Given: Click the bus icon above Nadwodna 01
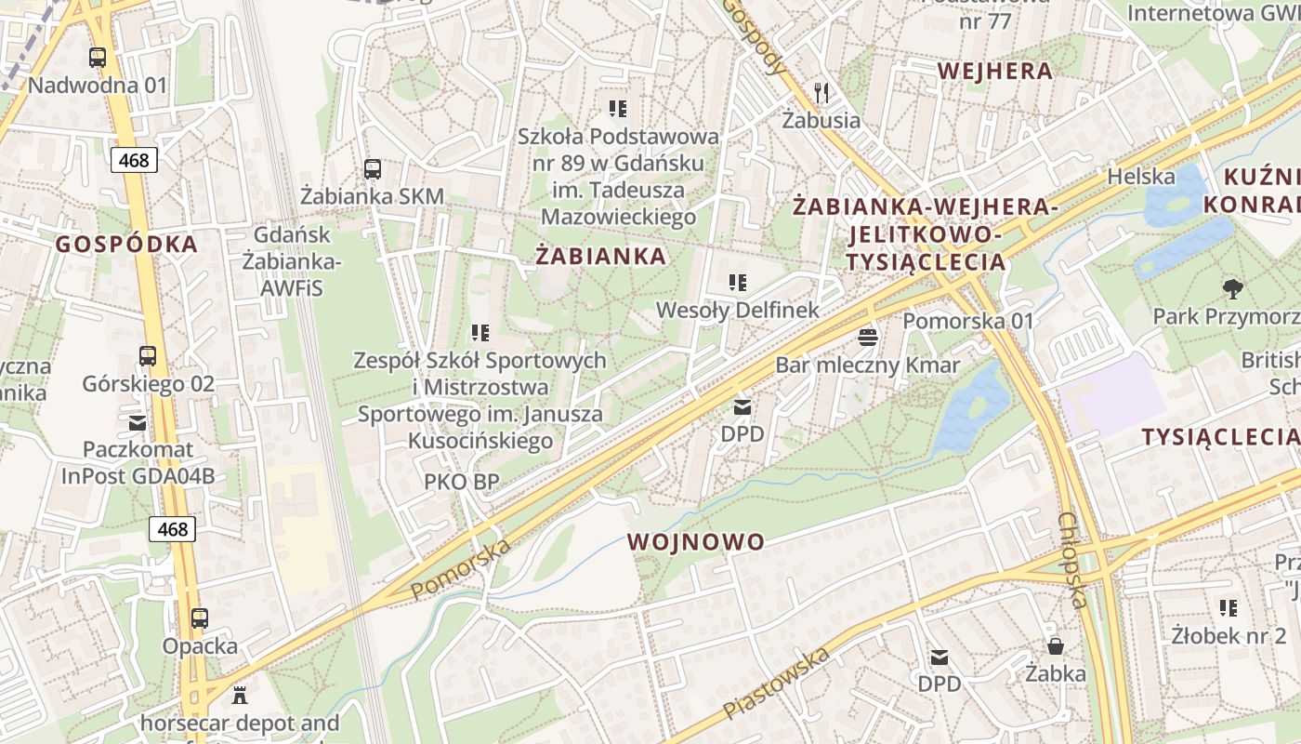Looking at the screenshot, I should (x=98, y=58).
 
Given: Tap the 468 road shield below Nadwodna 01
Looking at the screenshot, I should (x=134, y=160).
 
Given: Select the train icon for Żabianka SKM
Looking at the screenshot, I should (x=373, y=169).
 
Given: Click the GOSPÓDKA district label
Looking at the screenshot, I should (x=126, y=245).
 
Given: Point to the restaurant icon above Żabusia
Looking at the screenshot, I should (x=821, y=93).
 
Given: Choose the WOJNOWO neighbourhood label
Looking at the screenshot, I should (x=696, y=542).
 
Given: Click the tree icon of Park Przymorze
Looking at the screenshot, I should (x=1233, y=289).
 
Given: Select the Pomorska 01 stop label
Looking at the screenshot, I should (x=968, y=321).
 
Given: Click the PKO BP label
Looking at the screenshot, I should (x=462, y=481).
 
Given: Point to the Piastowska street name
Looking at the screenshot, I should (x=777, y=684).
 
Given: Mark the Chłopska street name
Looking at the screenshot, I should (x=1072, y=561).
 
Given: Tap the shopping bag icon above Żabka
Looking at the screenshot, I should (x=1056, y=645).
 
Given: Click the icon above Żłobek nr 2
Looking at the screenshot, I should (x=1229, y=608).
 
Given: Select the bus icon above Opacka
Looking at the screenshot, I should (x=200, y=618).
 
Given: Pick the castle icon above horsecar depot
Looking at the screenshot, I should (x=241, y=695).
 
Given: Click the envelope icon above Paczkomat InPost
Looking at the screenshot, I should (x=138, y=423).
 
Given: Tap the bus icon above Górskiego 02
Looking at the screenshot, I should (x=148, y=356).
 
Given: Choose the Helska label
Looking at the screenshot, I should (x=1141, y=177).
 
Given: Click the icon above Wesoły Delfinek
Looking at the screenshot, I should (x=738, y=283).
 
